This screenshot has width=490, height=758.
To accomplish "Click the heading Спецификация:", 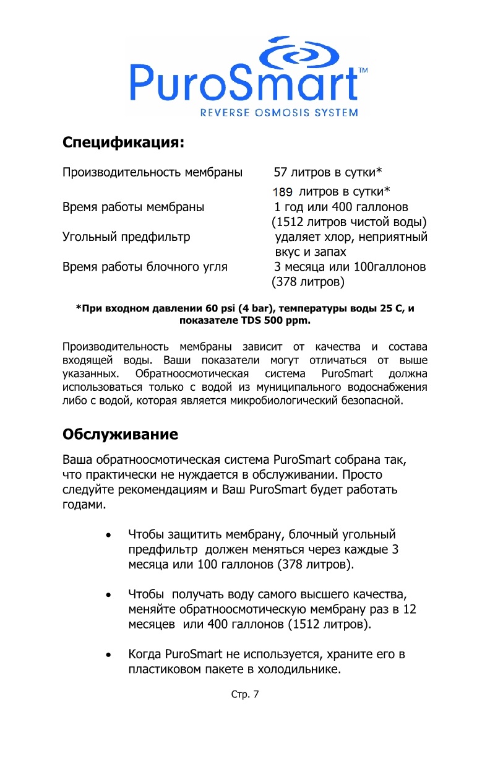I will pyautogui.click(x=124, y=142).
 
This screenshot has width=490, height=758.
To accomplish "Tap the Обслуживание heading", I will pyautogui.click(x=121, y=433).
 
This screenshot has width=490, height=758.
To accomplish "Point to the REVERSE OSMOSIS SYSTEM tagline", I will pyautogui.click(x=279, y=113).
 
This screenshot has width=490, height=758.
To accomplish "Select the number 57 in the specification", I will pyautogui.click(x=281, y=172).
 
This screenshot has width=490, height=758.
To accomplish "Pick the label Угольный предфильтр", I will pyautogui.click(x=126, y=237).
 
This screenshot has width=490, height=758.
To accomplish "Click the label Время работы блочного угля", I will pyautogui.click(x=145, y=267).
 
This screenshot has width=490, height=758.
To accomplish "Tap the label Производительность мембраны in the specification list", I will pyautogui.click(x=152, y=172).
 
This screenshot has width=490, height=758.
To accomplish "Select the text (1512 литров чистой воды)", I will pyautogui.click(x=350, y=222).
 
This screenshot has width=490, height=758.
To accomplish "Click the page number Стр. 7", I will pyautogui.click(x=245, y=694).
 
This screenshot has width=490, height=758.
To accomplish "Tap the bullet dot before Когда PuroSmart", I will pyautogui.click(x=109, y=655).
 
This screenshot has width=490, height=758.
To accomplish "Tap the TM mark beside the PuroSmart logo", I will pyautogui.click(x=363, y=71).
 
